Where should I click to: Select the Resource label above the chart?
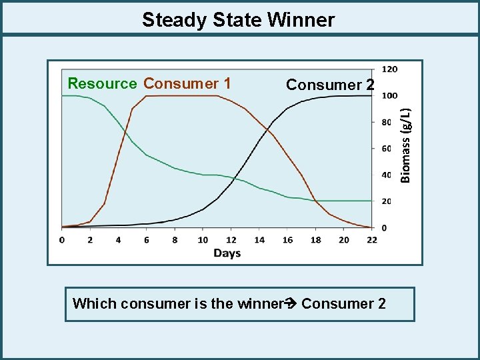pos(102,84)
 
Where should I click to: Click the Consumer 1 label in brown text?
pos(187,84)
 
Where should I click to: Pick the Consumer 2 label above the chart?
pos(331,85)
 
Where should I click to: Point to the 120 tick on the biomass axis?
pos(390,69)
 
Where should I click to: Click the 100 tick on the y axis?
pos(390,95)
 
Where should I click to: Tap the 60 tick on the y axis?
pos(387,148)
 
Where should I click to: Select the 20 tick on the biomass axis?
pos(387,201)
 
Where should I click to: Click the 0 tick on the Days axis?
pos(62,239)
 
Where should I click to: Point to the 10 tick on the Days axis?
pos(203,239)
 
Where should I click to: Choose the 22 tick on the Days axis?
pos(371,239)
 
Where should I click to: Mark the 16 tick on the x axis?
pos(287,239)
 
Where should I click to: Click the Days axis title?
pos(227,253)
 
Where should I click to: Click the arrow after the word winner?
pos(291,304)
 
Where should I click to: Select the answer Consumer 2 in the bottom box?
pos(343,304)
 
